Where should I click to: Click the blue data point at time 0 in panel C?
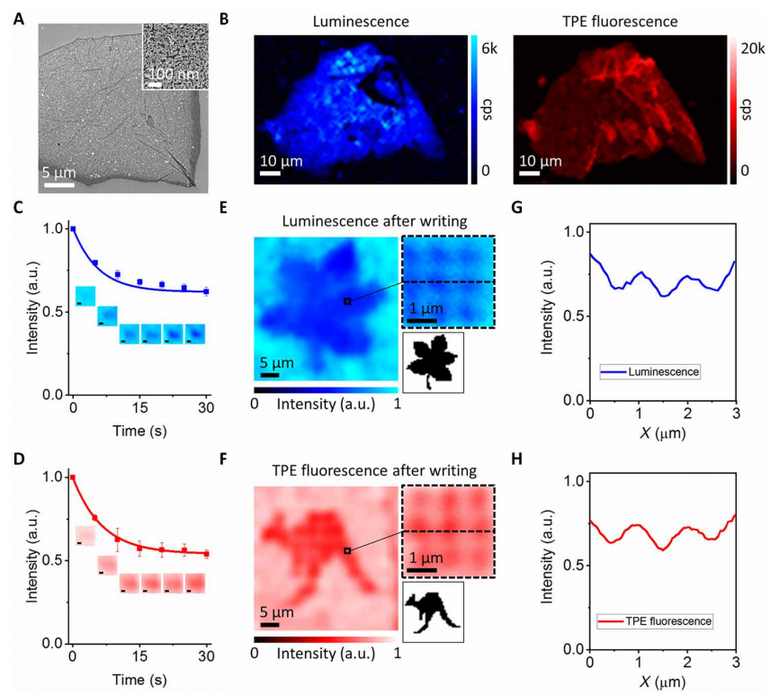[73, 229]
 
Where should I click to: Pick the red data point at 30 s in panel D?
[206, 554]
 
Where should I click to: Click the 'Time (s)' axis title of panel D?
[139, 681]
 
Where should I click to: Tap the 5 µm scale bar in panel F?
[269, 623]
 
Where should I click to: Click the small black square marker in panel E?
[347, 301]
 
